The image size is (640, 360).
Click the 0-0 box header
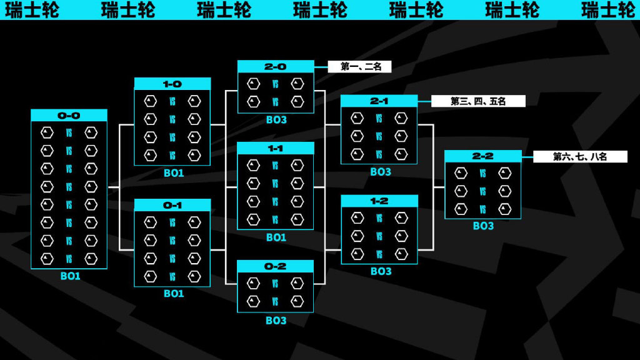[x=69, y=116]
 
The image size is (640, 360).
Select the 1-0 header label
[x=172, y=84]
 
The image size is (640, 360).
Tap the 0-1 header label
[x=172, y=205]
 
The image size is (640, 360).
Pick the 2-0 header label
[x=276, y=66]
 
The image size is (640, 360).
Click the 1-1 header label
[x=276, y=148]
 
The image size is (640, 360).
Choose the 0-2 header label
[x=276, y=266]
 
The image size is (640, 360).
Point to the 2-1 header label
[x=379, y=101]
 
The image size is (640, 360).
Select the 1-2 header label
[x=379, y=201]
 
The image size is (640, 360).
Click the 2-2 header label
[x=483, y=156]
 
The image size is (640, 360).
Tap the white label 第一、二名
[x=359, y=66]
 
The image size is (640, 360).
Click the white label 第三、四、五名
[x=478, y=101]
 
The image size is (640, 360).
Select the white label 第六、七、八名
[x=580, y=156]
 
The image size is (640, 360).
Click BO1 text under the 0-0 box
[x=70, y=276]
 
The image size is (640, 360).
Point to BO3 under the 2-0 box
[x=276, y=120]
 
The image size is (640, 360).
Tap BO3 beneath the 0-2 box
[x=276, y=321]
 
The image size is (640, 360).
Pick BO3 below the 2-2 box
[x=483, y=226]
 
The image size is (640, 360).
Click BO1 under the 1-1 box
[x=276, y=237]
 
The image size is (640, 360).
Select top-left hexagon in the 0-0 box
[x=47, y=132]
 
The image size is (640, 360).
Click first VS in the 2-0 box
[x=275, y=84]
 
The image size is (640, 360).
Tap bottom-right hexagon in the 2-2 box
[x=505, y=209]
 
